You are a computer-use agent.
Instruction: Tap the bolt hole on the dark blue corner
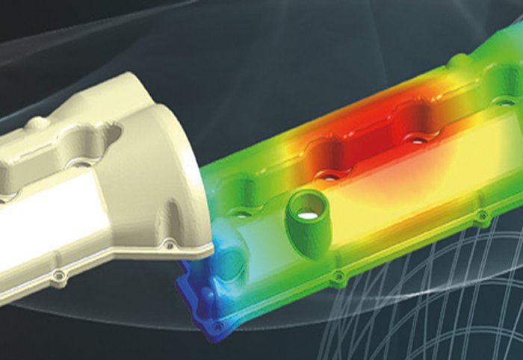217,326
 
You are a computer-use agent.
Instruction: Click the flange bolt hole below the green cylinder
338,276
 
